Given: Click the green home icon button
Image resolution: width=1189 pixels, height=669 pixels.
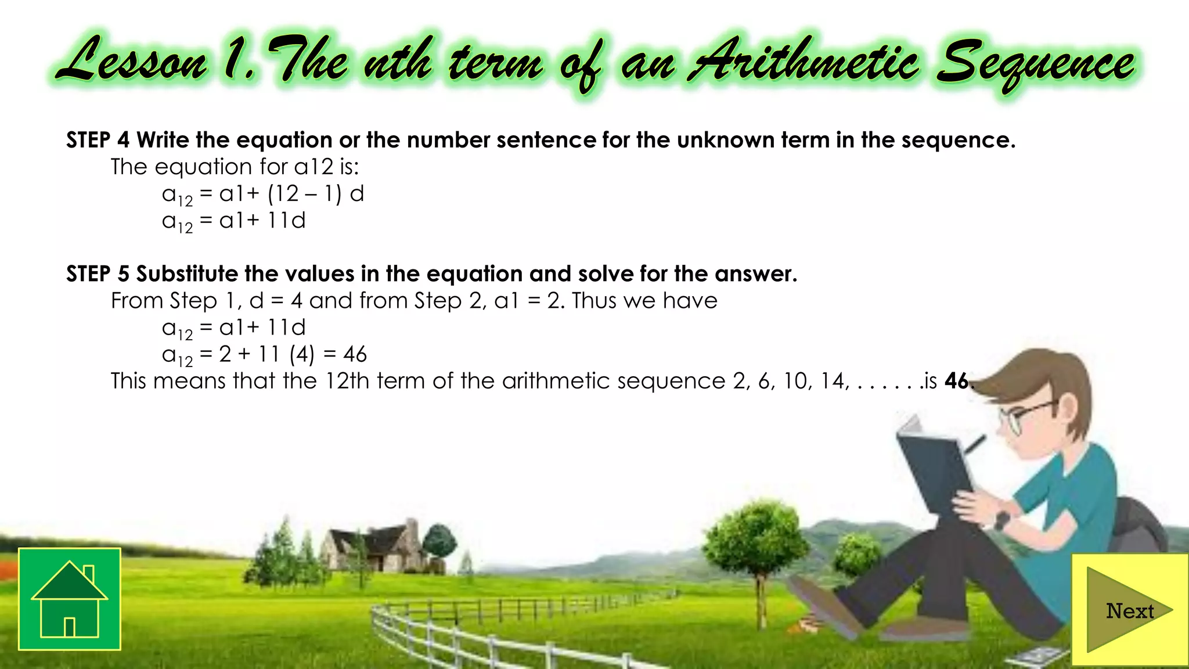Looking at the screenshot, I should pyautogui.click(x=70, y=599).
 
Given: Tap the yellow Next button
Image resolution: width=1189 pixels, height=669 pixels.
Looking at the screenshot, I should pyautogui.click(x=1129, y=610).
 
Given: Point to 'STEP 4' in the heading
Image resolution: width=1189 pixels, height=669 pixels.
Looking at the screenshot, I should pyautogui.click(x=97, y=141).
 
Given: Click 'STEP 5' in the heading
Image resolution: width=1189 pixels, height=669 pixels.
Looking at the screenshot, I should pyautogui.click(x=97, y=274).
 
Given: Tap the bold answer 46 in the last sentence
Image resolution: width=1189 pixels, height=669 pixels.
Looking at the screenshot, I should pyautogui.click(x=956, y=381).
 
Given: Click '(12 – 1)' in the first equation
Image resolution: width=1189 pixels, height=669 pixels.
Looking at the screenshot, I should pyautogui.click(x=305, y=194).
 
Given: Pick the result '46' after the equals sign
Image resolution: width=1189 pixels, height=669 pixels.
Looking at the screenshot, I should pyautogui.click(x=355, y=354).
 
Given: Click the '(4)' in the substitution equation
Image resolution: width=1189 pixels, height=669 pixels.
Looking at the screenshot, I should pyautogui.click(x=302, y=354).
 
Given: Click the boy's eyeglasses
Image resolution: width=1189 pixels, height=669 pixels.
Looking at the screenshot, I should pyautogui.click(x=1025, y=416).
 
